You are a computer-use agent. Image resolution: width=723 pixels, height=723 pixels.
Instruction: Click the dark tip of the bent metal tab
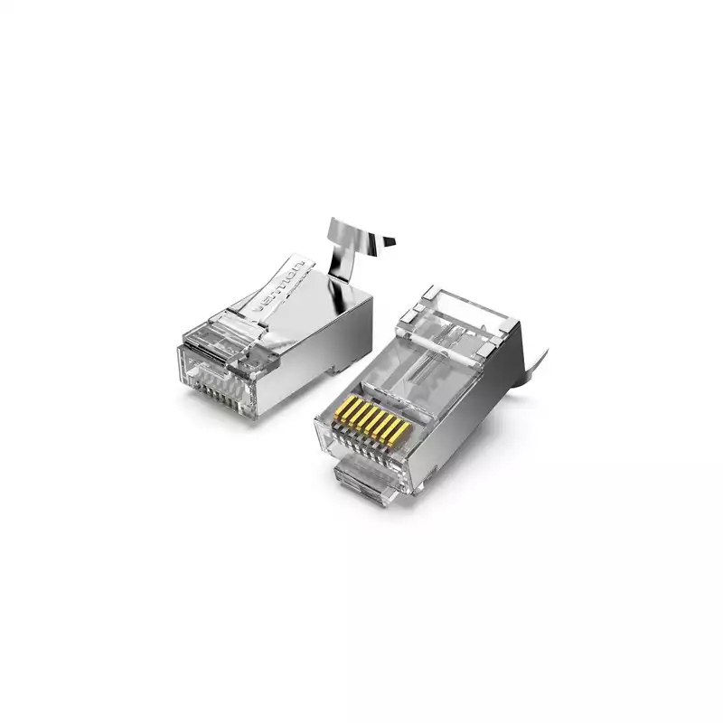click(x=387, y=242)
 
